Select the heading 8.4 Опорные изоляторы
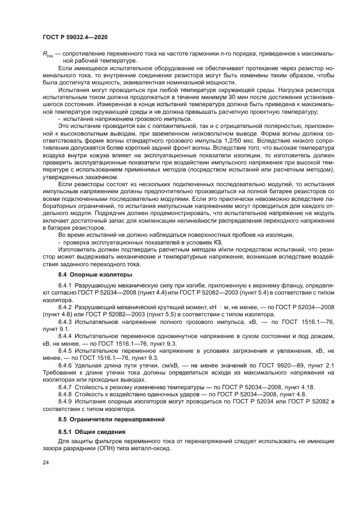pyautogui.click(x=88, y=274)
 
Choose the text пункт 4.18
pyautogui.click(x=305, y=387)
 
